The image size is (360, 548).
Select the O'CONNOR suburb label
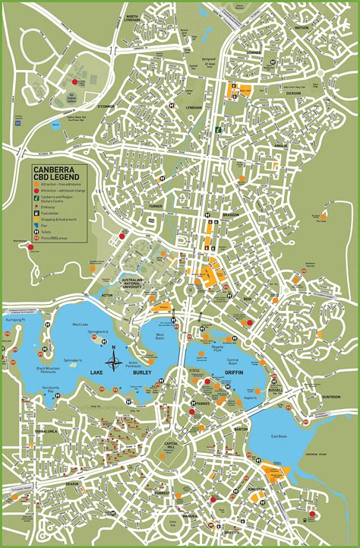pyautogui.click(x=107, y=106)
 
